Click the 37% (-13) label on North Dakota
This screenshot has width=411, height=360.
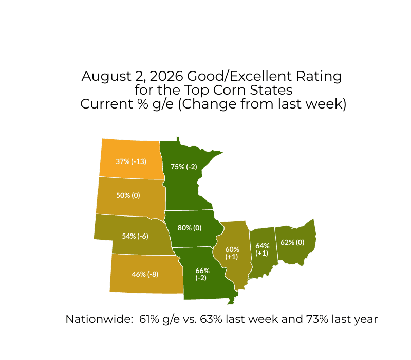131,161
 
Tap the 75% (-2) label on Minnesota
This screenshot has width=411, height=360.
184,167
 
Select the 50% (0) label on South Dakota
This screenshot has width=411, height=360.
128,195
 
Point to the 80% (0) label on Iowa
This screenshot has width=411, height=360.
190,228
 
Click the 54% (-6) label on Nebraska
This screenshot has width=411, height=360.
135,236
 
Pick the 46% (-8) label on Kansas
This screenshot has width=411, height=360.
145,274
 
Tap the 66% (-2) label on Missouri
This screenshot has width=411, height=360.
202,274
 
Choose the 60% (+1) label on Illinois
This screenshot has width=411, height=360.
232,253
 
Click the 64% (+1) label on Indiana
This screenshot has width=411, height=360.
263,249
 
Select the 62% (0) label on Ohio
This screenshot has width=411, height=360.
292,242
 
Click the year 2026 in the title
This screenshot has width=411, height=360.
166,76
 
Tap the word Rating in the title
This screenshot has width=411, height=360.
319,77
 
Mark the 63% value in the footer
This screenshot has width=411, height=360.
211,319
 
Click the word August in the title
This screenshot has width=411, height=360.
107,77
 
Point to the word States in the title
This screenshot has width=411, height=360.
271,90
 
